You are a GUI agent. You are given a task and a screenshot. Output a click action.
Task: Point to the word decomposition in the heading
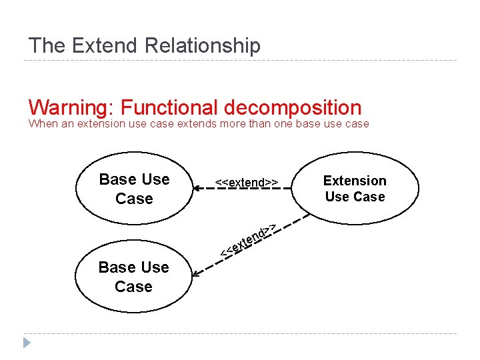click(x=293, y=108)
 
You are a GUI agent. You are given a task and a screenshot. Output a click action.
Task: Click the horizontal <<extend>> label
click(x=246, y=182)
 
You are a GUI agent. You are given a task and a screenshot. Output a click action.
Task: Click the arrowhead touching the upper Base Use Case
click(x=197, y=189)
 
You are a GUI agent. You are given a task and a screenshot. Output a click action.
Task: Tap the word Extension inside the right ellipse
click(x=355, y=181)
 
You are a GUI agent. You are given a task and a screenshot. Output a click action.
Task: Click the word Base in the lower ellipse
click(x=115, y=267)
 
